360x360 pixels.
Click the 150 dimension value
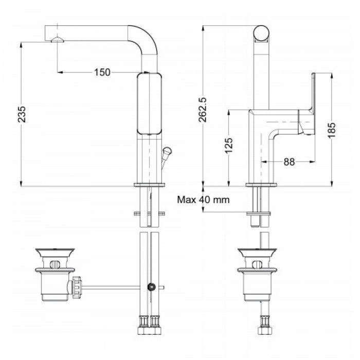coord(102,73)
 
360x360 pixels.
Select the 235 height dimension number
coord(22,114)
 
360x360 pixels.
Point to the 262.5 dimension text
coord(203,110)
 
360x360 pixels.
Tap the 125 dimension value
coord(229,146)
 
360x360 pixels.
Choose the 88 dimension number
coord(289,162)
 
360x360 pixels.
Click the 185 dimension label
coord(332,130)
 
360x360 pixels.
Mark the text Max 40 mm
coord(203,200)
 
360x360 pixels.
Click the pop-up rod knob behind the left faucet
coord(167,152)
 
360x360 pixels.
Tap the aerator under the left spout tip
coord(58,40)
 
